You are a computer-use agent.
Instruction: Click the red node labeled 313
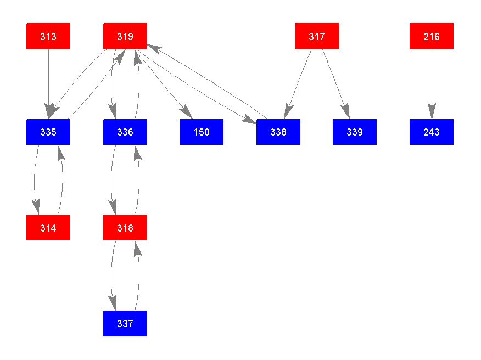(48, 36)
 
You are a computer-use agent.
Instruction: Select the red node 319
(125, 36)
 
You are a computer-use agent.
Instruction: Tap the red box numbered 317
(316, 36)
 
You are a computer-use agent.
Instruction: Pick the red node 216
(431, 36)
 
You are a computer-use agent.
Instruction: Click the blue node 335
(48, 132)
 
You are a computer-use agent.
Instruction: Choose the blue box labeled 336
(125, 132)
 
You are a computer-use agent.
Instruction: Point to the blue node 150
(202, 132)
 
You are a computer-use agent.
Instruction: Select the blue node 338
(278, 132)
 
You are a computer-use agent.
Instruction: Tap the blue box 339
(355, 132)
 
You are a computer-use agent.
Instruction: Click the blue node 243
(431, 132)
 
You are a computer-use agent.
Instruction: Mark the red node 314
(48, 228)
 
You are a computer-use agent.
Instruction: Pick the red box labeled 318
(125, 228)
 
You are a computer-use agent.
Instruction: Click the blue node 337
(125, 323)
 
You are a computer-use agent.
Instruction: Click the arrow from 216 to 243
(431, 82)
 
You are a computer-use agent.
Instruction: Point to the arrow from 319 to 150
(162, 82)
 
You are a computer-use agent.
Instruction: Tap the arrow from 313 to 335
(48, 82)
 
